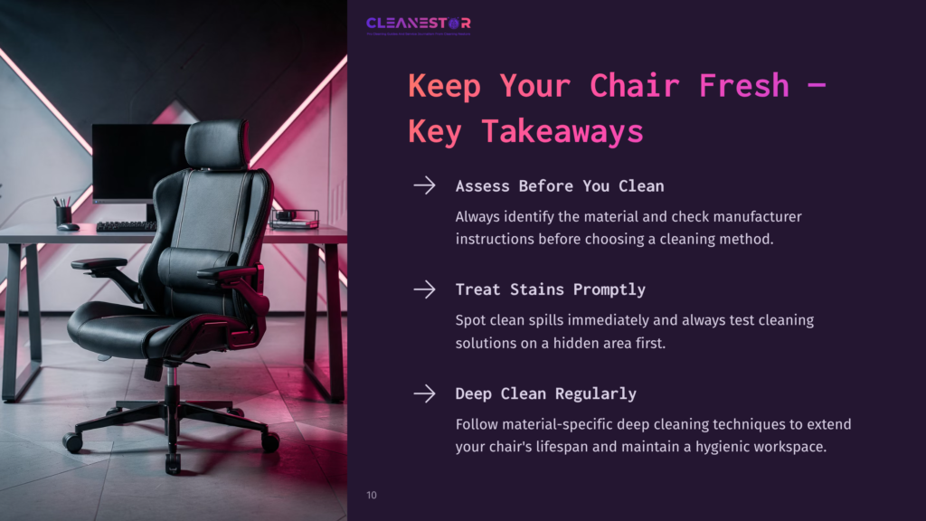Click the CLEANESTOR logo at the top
point(418,24)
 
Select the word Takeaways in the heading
point(562,131)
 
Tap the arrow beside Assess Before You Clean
point(424,185)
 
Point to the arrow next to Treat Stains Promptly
point(424,289)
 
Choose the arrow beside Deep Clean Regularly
point(424,393)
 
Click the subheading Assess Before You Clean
point(560,186)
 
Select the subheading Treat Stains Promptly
point(550,290)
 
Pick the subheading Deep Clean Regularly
point(545,394)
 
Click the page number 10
point(372,496)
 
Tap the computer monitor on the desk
point(136,163)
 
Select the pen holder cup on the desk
point(63,214)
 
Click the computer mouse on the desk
point(69,227)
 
